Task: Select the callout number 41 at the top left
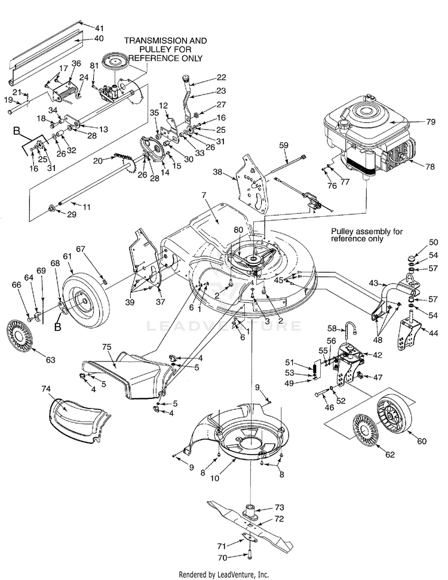pos(99,27)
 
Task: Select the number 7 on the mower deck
pos(204,195)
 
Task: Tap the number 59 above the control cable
pos(283,145)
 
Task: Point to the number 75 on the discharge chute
pos(107,346)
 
